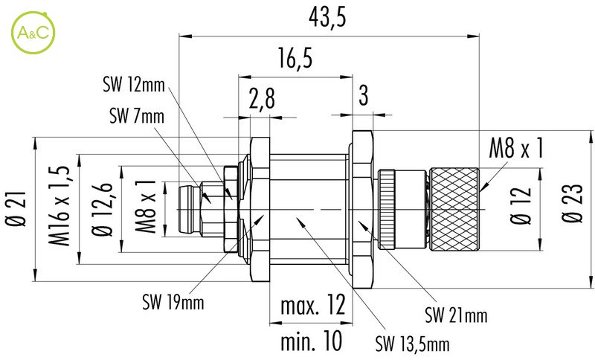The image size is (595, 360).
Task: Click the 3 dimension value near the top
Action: coord(363,94)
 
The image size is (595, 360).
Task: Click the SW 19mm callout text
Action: coord(173,303)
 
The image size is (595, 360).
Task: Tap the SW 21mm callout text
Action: coord(456,316)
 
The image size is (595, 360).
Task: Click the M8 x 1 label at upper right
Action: coord(515,150)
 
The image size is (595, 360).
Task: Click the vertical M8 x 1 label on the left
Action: coord(148,206)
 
